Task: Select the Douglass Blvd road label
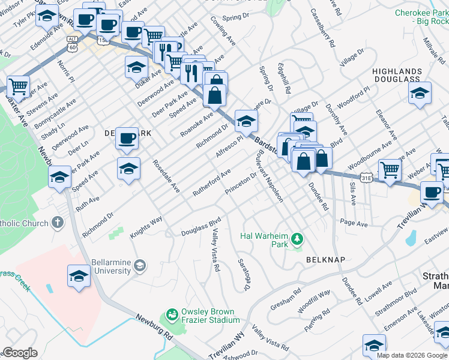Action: coord(202,227)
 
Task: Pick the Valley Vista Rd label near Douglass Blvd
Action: coord(215,252)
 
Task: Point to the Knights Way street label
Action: coord(146,228)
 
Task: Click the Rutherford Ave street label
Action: coord(211,182)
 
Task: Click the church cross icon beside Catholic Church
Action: coord(58,223)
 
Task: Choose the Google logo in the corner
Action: coord(20,353)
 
